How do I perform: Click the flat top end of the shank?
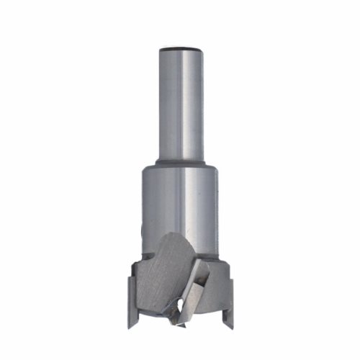pos(180,48)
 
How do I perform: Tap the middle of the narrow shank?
pos(180,104)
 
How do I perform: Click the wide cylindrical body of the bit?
pos(180,205)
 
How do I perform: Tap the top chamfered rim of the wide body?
pos(180,170)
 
